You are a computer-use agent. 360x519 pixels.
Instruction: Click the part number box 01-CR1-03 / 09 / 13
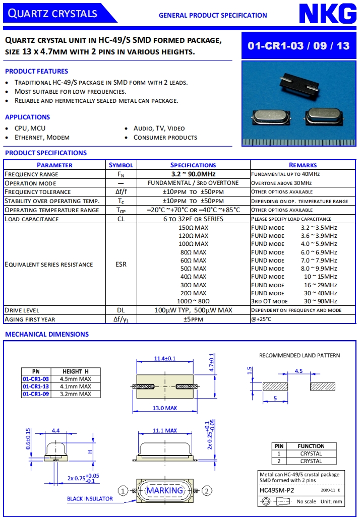tap(298, 46)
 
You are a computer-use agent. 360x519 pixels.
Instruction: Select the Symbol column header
tap(121, 165)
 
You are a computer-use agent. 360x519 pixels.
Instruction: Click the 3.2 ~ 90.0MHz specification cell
tap(193, 174)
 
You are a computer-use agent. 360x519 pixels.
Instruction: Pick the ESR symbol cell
tap(121, 264)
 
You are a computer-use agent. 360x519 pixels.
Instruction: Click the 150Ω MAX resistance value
tap(193, 228)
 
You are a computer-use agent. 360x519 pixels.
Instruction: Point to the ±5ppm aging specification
tap(193, 319)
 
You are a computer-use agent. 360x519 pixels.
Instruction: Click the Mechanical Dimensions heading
tap(47, 334)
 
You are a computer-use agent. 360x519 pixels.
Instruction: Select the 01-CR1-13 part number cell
tap(36, 386)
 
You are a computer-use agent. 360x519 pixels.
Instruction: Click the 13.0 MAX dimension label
tap(164, 408)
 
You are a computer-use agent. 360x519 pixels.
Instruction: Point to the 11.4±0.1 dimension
tap(164, 359)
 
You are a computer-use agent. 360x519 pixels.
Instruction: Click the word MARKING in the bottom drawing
tap(164, 490)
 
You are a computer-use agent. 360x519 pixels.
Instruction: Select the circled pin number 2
tap(207, 490)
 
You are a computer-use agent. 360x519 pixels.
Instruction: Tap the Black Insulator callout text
tap(90, 499)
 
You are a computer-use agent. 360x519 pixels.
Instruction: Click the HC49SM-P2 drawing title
tap(276, 489)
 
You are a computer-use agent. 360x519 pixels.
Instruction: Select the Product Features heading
tap(36, 71)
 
